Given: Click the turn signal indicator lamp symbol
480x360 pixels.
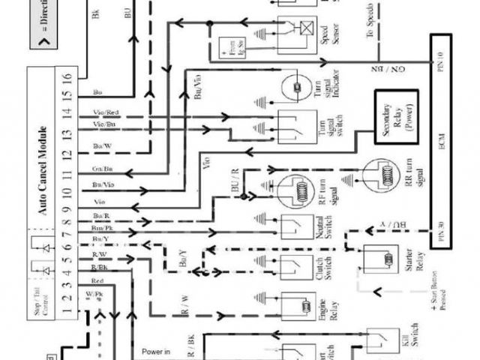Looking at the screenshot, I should pos(295,88).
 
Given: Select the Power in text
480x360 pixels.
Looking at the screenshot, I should pos(156,349).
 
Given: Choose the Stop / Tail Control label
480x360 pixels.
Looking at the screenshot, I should pos(43,301).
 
